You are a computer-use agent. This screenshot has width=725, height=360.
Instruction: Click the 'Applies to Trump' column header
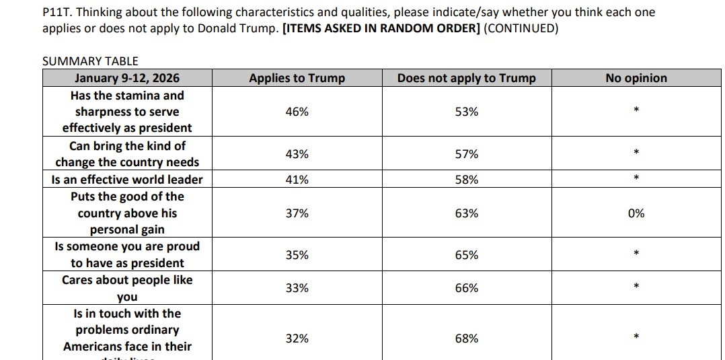pos(297,78)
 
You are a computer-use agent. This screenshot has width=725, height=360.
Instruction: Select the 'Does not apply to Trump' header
pos(466,78)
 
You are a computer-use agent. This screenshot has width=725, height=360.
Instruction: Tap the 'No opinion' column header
pos(636,78)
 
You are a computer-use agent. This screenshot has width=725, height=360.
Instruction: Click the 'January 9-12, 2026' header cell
pos(127,78)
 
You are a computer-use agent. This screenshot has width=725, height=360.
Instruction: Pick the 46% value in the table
pos(297,112)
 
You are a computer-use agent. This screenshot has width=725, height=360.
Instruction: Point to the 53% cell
pos(466,112)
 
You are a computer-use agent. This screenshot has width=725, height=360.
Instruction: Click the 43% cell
pos(297,154)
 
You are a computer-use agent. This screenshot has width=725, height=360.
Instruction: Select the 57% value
pos(466,154)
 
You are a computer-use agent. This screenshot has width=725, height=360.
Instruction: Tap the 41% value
pos(297,180)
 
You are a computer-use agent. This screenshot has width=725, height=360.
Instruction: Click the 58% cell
pos(466,180)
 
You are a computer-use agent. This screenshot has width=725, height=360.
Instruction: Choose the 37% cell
pos(297,213)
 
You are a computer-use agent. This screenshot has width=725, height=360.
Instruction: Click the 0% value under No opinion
pos(636,213)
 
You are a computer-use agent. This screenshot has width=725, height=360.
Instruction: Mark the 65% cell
pos(466,255)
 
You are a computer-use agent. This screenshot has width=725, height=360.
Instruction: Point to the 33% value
pos(297,288)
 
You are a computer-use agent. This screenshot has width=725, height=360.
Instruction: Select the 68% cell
pos(466,338)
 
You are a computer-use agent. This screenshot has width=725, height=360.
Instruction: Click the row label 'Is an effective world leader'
pos(127,180)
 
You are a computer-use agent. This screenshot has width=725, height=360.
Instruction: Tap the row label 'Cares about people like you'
pos(127,288)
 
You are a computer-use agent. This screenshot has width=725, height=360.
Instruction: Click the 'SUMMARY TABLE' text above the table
pos(90,61)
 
